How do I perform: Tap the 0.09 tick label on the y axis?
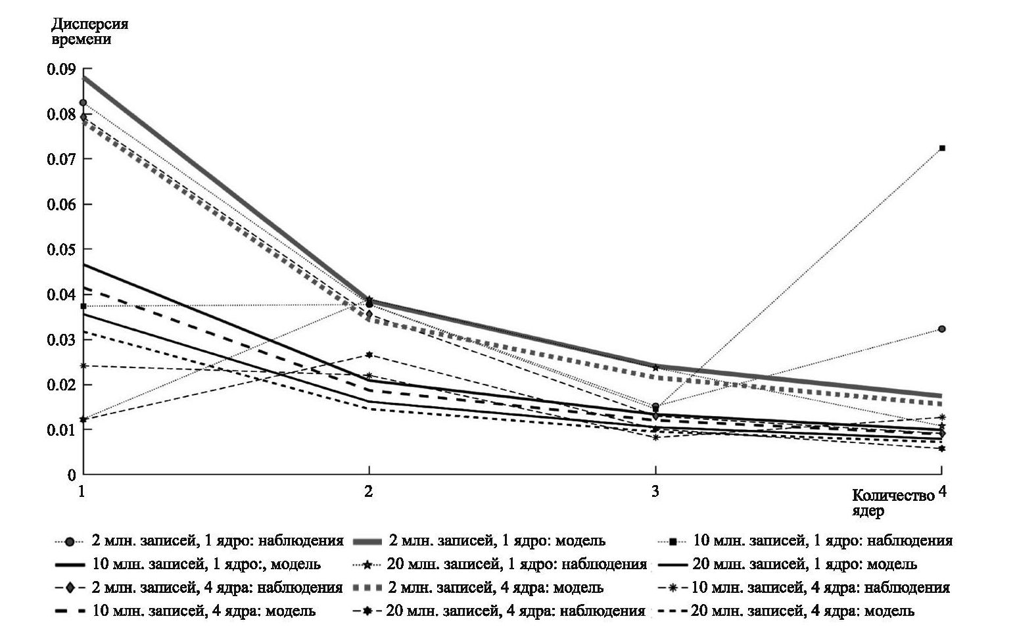(x=61, y=69)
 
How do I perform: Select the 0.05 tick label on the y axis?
(x=61, y=250)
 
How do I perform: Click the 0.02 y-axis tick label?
(x=61, y=385)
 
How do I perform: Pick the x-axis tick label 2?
(x=369, y=491)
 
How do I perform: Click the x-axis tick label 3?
(x=655, y=491)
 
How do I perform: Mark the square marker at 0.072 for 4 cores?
(x=942, y=148)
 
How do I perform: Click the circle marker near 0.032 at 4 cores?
(x=942, y=329)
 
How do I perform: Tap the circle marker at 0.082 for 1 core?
(x=83, y=103)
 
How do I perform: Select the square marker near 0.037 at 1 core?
(x=83, y=306)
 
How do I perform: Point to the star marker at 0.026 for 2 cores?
(x=369, y=355)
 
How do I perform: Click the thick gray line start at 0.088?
(x=84, y=78)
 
